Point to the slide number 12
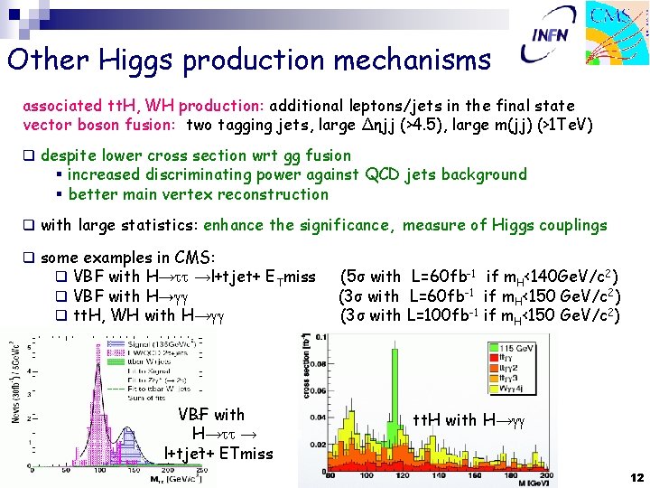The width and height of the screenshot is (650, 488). coord(636,476)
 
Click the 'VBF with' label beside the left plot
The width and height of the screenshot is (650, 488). coord(211,415)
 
